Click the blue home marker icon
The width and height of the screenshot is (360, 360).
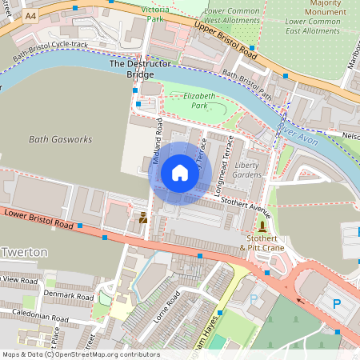pyautogui.click(x=180, y=173)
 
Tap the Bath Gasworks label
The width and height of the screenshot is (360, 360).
pyautogui.click(x=61, y=139)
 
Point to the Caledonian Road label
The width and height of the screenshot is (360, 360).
pyautogui.click(x=34, y=317)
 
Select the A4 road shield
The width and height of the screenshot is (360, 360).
pyautogui.click(x=30, y=16)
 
